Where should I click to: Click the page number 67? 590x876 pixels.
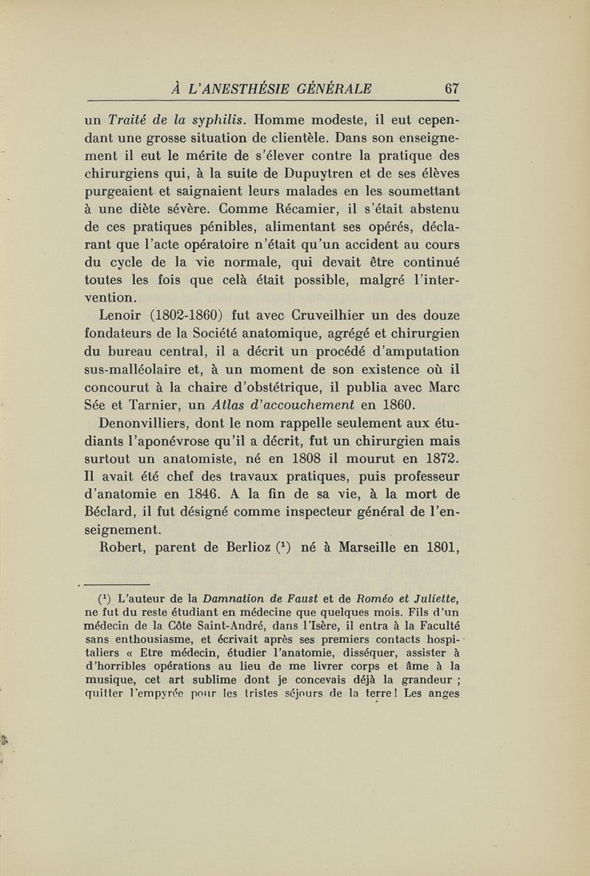(x=451, y=90)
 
